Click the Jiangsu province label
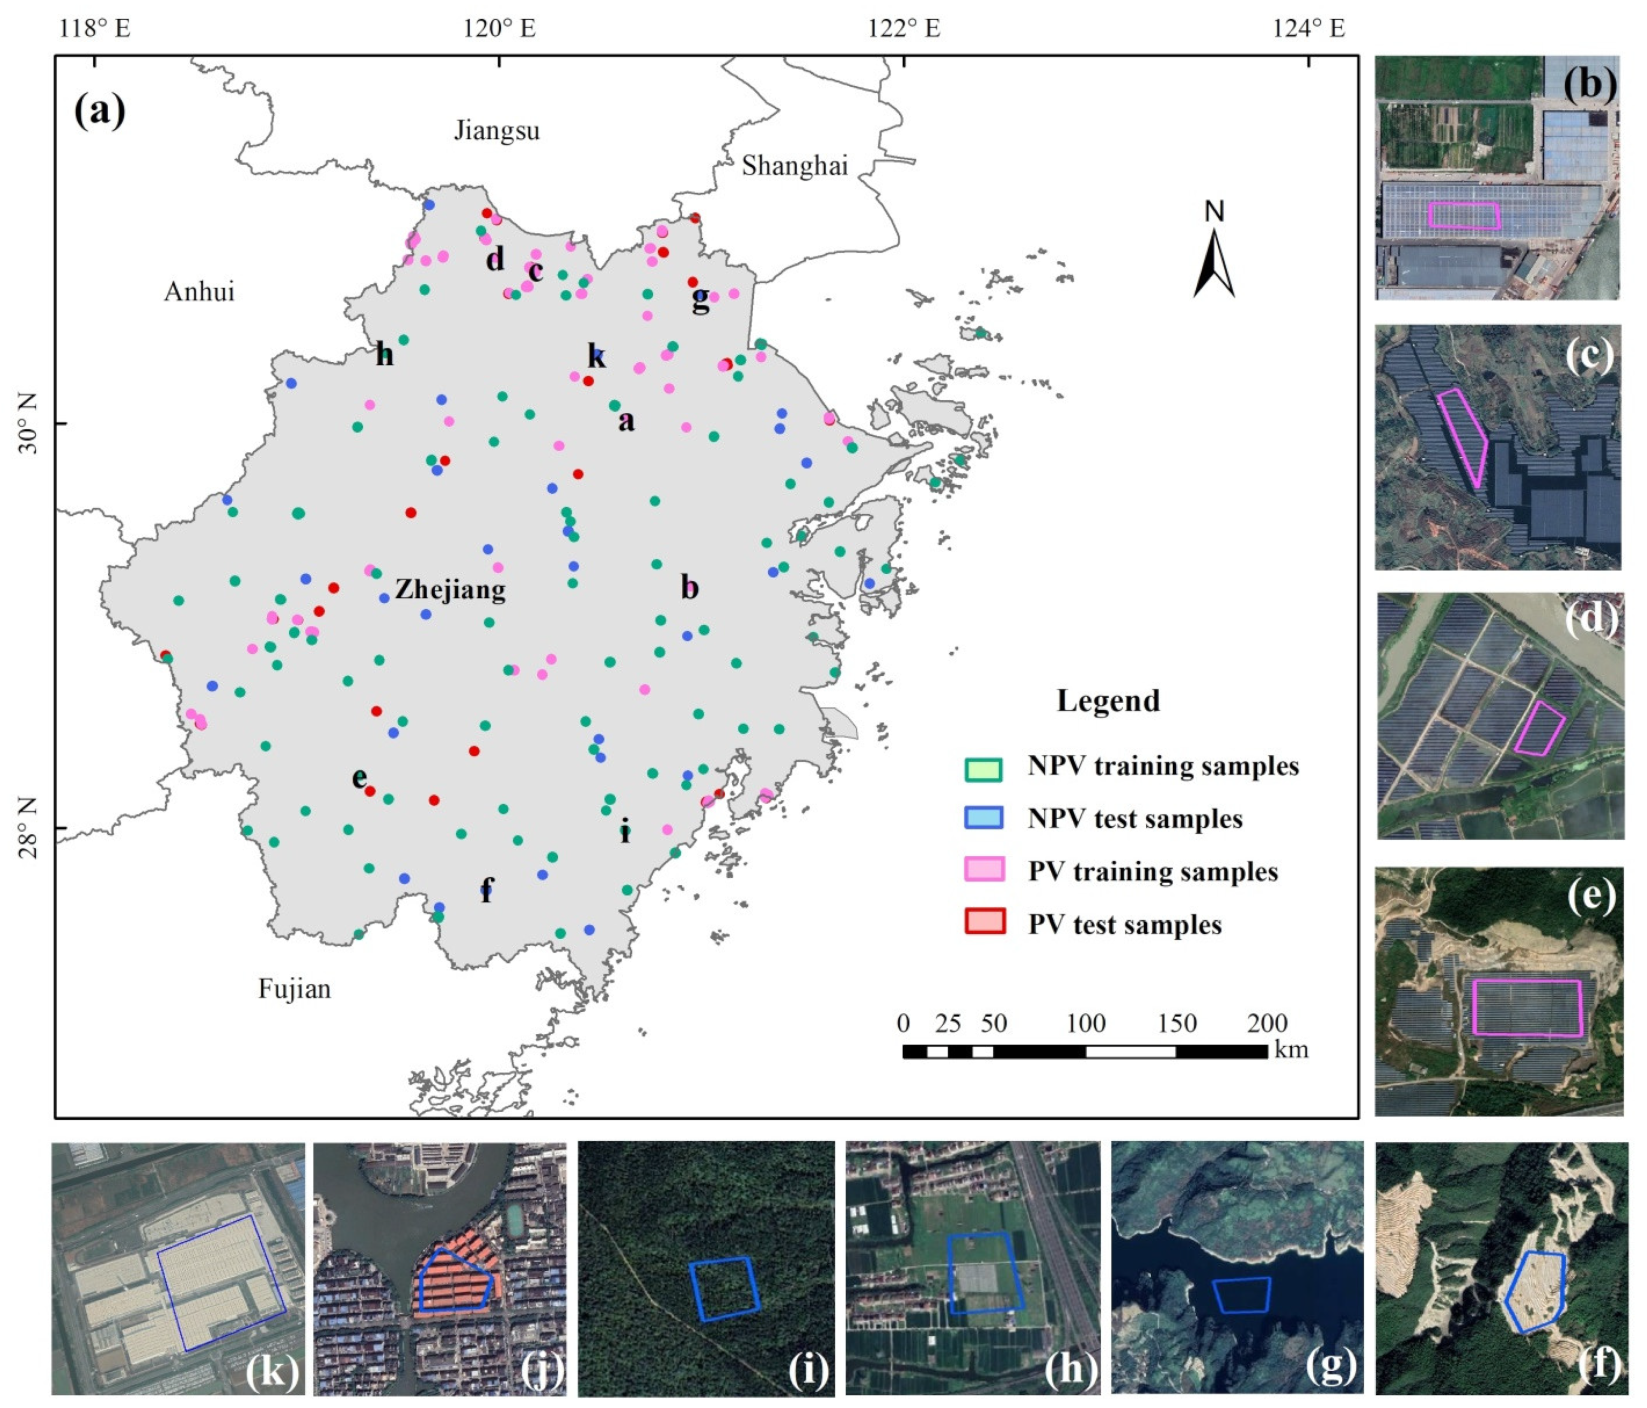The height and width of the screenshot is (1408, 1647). pyautogui.click(x=497, y=130)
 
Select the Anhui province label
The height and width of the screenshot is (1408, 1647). pyautogui.click(x=199, y=291)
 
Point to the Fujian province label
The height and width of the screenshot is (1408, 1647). pyautogui.click(x=294, y=989)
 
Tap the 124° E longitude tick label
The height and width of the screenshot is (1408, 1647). pyautogui.click(x=1308, y=29)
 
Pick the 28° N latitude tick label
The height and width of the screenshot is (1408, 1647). pyautogui.click(x=29, y=828)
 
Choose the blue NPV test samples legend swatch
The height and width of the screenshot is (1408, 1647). pyautogui.click(x=983, y=818)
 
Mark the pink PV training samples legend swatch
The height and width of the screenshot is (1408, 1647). pyautogui.click(x=983, y=871)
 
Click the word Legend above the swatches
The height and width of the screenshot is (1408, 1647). pyautogui.click(x=1108, y=701)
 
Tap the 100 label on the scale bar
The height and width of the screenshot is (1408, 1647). pyautogui.click(x=1086, y=1023)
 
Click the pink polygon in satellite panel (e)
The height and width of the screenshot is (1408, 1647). pyautogui.click(x=1527, y=1007)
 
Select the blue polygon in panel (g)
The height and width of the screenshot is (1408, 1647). pyautogui.click(x=1241, y=1295)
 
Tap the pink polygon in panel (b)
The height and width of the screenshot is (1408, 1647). pyautogui.click(x=1464, y=215)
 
